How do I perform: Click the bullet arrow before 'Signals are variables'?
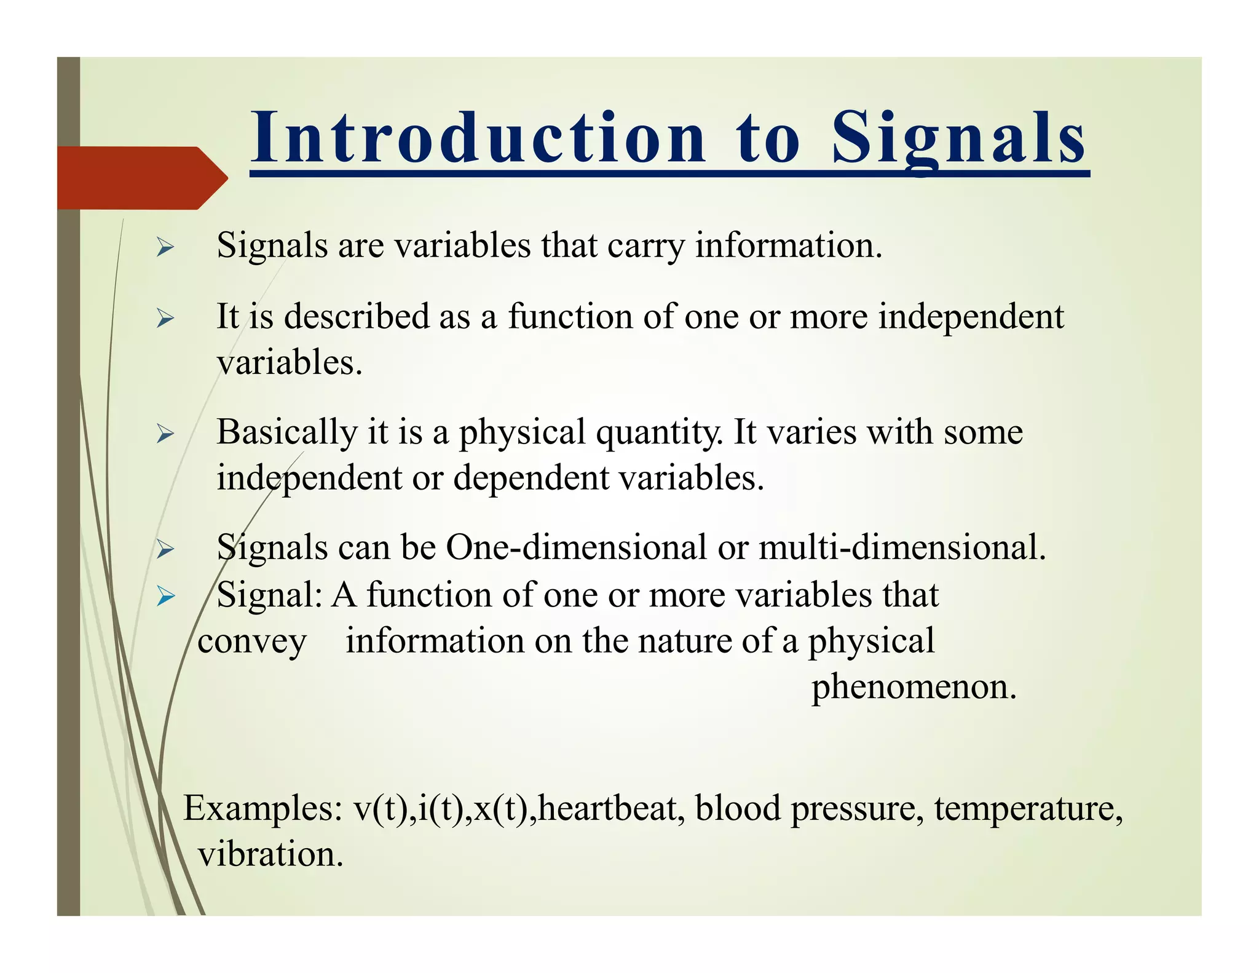(165, 248)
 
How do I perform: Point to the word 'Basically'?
(286, 432)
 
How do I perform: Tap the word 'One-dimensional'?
(576, 547)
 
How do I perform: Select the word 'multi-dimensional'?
(902, 547)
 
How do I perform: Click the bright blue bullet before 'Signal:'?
(165, 595)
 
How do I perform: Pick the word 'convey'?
(251, 642)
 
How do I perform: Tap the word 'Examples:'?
(263, 809)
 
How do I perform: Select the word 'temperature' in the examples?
(1027, 809)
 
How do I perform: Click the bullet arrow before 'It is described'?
(165, 319)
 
